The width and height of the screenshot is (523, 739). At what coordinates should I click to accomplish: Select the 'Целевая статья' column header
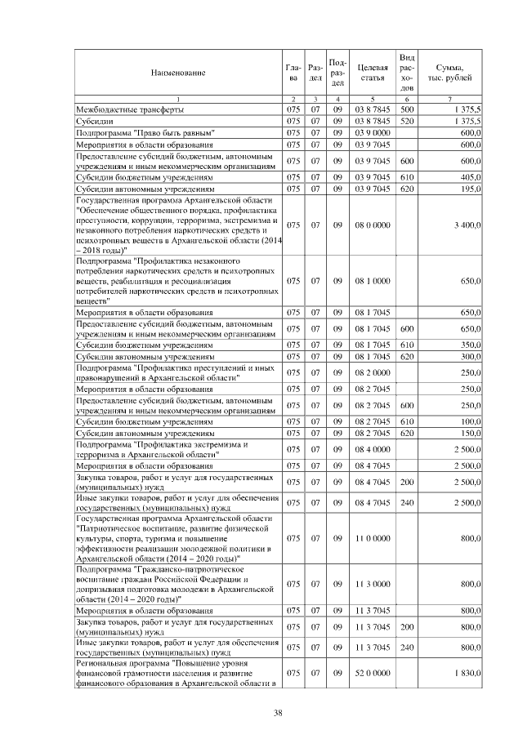point(372,73)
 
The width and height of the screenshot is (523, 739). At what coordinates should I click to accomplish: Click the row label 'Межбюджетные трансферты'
point(129,109)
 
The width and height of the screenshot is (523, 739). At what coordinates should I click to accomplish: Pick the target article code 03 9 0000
point(372,132)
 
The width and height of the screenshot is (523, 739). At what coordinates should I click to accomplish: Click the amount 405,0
point(469,176)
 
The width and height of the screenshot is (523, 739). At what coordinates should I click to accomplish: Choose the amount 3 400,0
point(464,225)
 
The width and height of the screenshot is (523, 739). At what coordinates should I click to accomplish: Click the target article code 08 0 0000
point(372,225)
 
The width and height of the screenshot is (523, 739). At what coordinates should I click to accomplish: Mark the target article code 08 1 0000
point(372,281)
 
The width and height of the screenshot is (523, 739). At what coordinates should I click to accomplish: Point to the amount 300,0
point(469,357)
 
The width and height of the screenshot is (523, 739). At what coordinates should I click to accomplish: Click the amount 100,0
point(469,421)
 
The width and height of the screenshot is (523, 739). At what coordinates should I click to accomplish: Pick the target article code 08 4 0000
point(372,449)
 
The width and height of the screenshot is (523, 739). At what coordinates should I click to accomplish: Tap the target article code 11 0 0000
point(372,538)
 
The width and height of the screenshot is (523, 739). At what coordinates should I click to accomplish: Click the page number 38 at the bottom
point(278,714)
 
